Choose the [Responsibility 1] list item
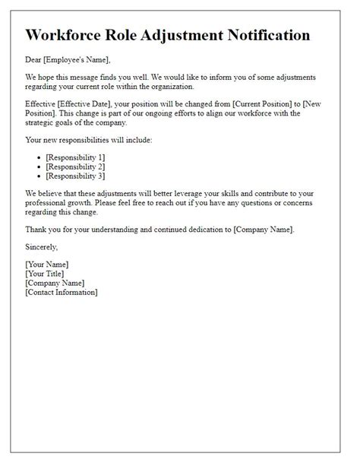point(75,157)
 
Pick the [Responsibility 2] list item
point(75,166)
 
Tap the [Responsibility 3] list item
point(75,175)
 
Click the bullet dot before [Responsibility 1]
point(39,157)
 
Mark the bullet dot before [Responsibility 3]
point(39,176)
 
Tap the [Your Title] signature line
point(45,273)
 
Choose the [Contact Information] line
point(61,291)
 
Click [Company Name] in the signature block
point(55,282)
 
